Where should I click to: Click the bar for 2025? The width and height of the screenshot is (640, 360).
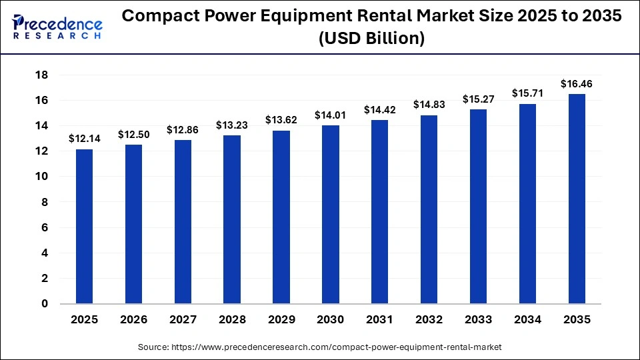(x=84, y=227)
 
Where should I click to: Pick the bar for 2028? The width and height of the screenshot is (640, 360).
(x=232, y=219)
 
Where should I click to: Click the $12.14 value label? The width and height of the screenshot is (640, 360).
(x=85, y=139)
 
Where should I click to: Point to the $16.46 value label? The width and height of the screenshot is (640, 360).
(x=577, y=84)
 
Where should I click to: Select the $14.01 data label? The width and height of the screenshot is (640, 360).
(x=331, y=115)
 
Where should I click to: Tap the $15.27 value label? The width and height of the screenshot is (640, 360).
(x=479, y=99)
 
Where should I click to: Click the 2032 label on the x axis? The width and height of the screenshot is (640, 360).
(x=429, y=320)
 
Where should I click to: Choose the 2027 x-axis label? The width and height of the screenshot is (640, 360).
(x=183, y=320)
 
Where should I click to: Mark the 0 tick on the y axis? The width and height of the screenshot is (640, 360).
(x=44, y=304)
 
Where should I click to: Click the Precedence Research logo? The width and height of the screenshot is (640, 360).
(x=57, y=26)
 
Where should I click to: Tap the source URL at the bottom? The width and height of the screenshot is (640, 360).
(x=320, y=347)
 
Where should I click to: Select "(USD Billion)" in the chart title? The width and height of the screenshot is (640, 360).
(x=371, y=39)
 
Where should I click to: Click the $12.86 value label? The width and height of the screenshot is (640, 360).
(x=183, y=129)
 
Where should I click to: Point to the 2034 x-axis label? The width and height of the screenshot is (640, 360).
(x=528, y=320)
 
